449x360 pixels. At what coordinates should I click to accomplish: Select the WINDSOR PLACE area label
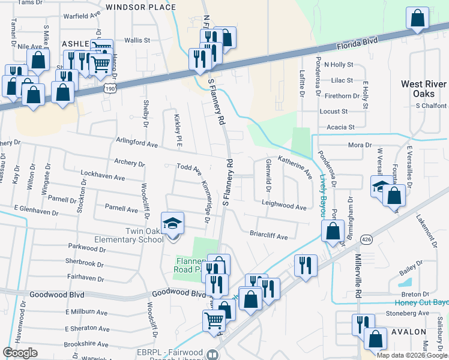[x=140, y=7]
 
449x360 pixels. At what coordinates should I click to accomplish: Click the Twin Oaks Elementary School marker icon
[x=172, y=225]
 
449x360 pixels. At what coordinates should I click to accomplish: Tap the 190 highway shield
[x=109, y=88]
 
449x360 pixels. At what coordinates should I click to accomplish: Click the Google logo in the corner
[x=20, y=353]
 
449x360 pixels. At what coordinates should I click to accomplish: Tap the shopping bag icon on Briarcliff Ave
[x=333, y=230]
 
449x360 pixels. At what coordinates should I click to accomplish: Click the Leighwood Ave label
[x=284, y=206]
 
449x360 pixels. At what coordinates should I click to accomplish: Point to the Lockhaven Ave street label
[x=103, y=178]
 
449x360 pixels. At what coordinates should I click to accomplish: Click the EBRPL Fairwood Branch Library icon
[x=211, y=355]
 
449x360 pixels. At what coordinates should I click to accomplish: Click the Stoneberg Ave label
[x=408, y=313]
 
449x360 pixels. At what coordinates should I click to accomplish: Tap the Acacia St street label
[x=341, y=127]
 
